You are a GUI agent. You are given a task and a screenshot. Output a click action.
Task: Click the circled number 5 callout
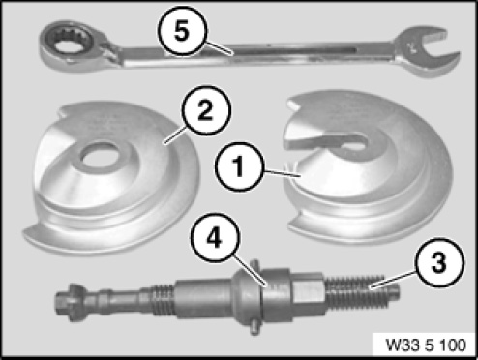(x=182, y=31)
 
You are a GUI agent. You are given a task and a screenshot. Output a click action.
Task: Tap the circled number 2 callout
(x=206, y=110)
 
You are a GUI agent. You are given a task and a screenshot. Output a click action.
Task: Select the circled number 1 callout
(x=239, y=166)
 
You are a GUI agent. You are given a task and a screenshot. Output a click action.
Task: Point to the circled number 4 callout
(x=215, y=237)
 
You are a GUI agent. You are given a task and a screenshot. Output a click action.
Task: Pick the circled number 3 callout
(x=439, y=263)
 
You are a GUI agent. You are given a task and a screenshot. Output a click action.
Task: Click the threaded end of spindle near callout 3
(x=361, y=291)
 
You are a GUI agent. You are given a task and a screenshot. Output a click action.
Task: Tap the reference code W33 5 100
(x=426, y=345)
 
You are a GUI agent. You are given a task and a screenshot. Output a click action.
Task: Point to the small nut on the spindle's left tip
(x=69, y=303)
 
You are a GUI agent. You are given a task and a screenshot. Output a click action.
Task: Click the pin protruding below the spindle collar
(x=254, y=327)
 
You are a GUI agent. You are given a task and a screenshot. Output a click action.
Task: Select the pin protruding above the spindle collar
(x=255, y=264)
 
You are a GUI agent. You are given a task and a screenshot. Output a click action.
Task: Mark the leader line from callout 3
(x=393, y=280)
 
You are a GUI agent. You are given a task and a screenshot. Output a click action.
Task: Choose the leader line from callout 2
(x=176, y=135)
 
